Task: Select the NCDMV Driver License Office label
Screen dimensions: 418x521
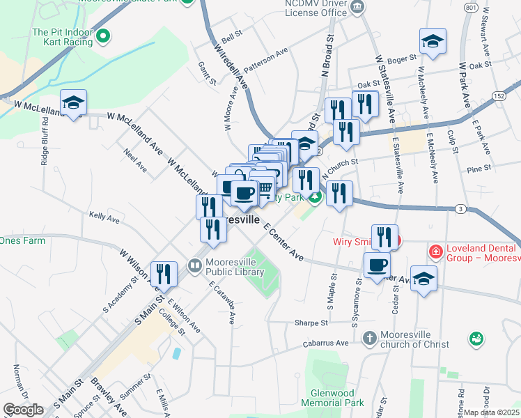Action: click(316, 8)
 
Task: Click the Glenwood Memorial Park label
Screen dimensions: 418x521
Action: click(332, 398)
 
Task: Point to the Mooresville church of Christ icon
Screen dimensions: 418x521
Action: click(369, 338)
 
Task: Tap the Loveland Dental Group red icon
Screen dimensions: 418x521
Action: click(435, 251)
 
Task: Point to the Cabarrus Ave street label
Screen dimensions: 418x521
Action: click(325, 343)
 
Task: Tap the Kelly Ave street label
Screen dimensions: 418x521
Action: click(104, 217)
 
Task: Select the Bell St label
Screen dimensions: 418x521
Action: click(231, 33)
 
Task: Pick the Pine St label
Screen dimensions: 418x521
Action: click(479, 169)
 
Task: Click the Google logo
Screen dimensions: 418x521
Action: click(23, 410)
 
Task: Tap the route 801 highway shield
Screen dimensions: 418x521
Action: click(472, 7)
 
